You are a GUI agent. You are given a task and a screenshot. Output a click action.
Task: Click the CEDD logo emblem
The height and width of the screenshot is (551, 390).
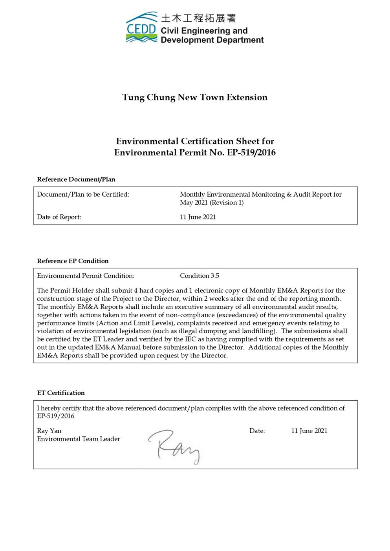point(142,27)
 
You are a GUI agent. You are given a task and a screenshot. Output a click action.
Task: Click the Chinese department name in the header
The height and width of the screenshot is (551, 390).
point(198,18)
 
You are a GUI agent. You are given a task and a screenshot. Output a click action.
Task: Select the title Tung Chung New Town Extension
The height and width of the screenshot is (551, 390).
point(195,97)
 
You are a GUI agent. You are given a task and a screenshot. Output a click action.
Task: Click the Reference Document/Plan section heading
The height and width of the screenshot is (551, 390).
point(76,179)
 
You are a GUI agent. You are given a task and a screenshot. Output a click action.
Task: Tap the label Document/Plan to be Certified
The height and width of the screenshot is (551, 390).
point(83,194)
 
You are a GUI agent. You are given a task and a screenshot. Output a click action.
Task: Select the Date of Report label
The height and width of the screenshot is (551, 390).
point(59,217)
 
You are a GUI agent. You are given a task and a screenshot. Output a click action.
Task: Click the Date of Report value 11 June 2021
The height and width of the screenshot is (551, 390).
point(198,217)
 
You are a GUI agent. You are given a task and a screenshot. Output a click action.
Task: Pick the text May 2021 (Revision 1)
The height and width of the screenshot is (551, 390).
point(212,203)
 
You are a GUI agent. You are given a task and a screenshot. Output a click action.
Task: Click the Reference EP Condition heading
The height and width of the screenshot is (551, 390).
point(73,261)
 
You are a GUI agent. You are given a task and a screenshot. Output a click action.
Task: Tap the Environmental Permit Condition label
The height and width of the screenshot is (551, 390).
point(86,275)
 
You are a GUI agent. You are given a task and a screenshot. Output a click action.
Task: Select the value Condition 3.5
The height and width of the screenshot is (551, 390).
point(200,275)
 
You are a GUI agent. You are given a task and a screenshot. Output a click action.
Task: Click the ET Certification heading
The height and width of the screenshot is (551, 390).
point(61,393)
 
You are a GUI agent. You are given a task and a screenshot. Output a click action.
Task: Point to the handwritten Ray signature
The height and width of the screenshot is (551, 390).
point(174,447)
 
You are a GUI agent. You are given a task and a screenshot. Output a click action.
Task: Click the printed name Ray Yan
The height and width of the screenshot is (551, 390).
point(49,431)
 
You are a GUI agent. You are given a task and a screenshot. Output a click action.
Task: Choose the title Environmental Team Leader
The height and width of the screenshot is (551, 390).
point(79,439)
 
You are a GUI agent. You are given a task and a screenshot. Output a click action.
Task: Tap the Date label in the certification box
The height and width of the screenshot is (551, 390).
point(257,431)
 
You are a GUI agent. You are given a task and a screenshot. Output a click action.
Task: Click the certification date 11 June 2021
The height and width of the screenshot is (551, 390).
point(309,431)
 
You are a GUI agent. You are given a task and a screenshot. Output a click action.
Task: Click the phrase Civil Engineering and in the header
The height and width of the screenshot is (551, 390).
point(204,31)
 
